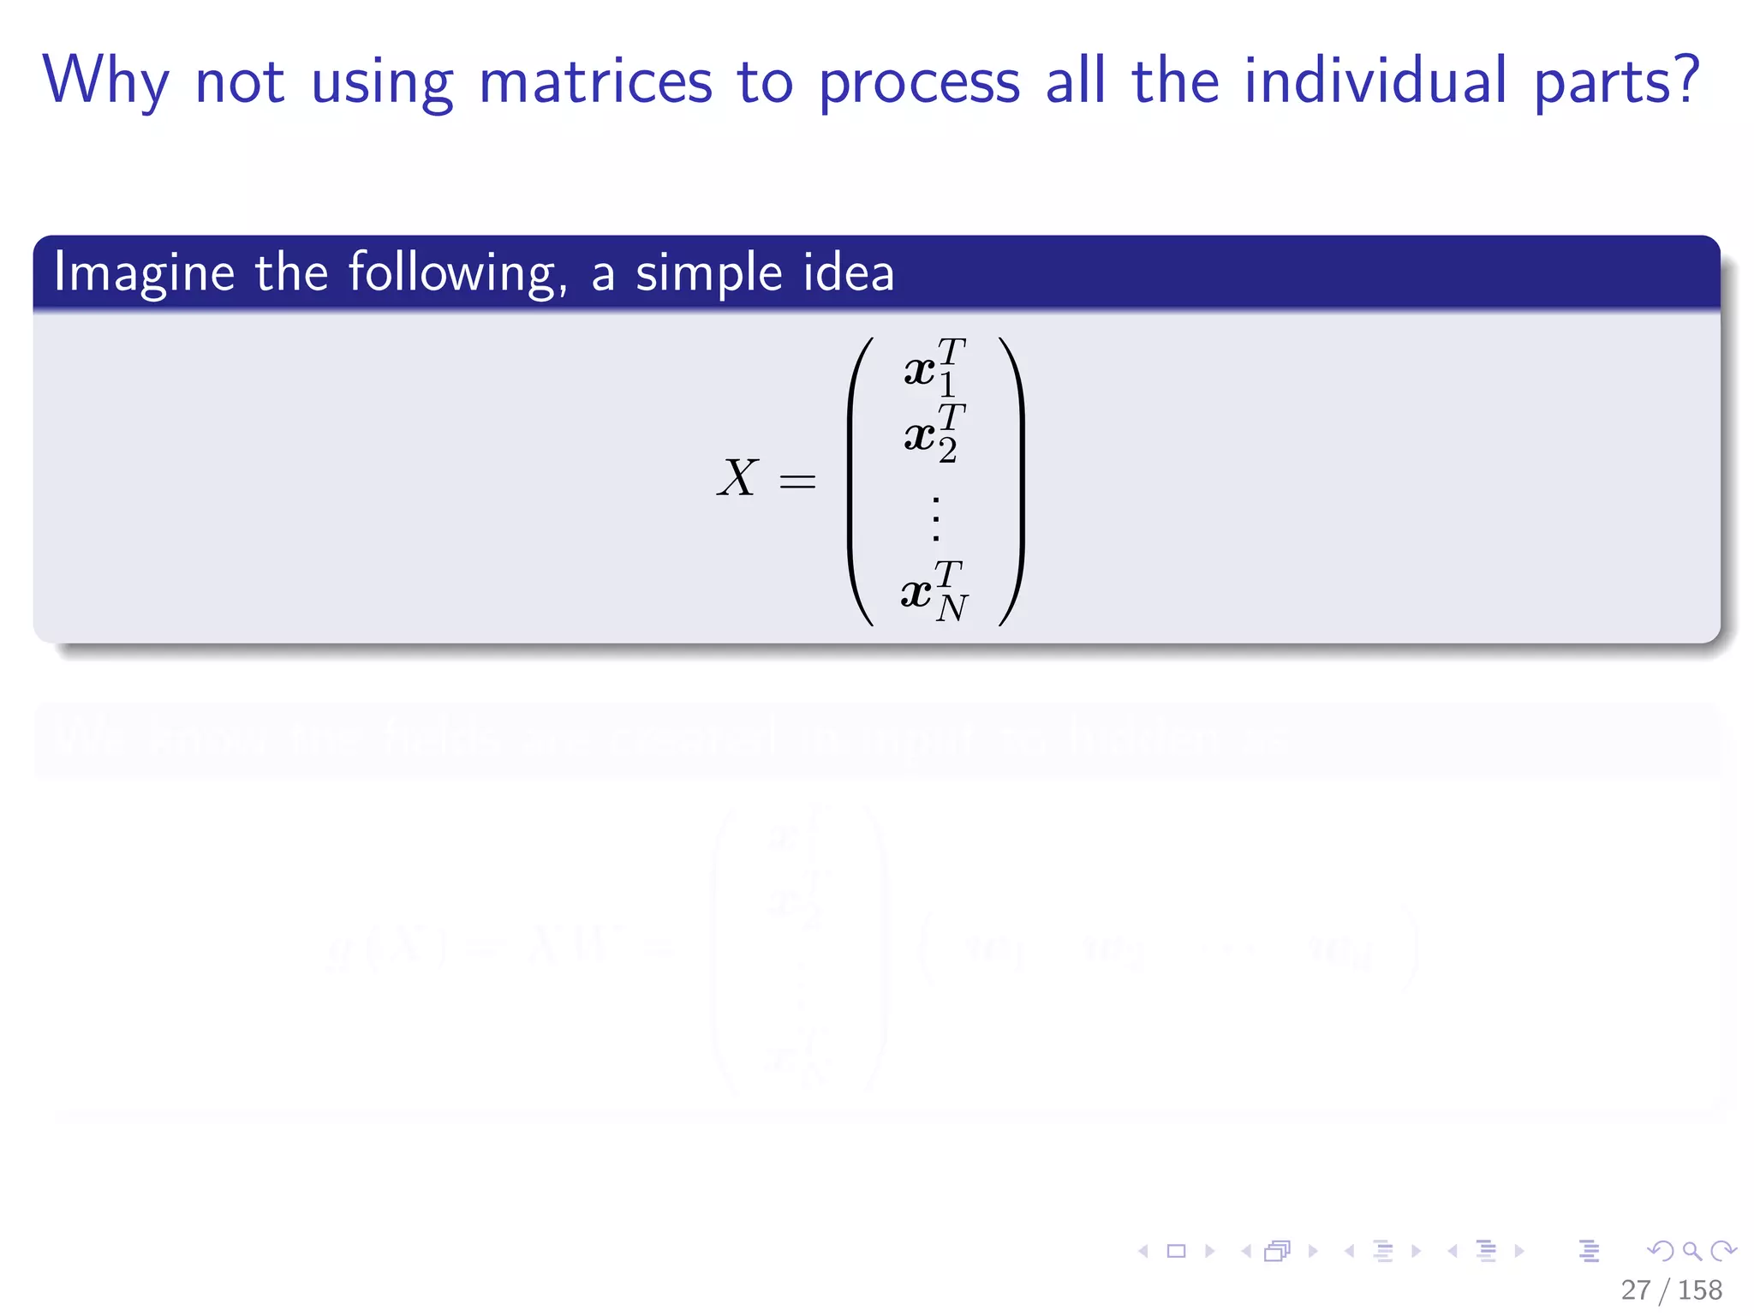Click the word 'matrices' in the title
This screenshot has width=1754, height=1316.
tap(595, 81)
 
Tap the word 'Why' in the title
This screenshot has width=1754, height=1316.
tap(105, 81)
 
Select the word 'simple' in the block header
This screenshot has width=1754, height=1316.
tap(708, 273)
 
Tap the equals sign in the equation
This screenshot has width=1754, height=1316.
tap(797, 482)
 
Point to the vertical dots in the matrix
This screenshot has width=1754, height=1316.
tap(936, 518)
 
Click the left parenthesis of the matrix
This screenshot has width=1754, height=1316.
tap(860, 482)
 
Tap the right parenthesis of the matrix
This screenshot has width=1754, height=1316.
tap(1012, 482)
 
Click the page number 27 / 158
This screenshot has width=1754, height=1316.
tap(1671, 1289)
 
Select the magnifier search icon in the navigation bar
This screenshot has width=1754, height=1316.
tap(1691, 1252)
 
